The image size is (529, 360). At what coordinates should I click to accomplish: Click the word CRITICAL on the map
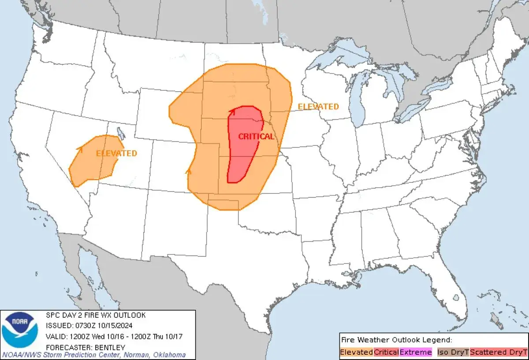(x=256, y=137)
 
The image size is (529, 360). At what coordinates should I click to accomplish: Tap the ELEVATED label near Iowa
(x=318, y=107)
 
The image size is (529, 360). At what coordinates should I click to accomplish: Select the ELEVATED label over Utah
(x=116, y=153)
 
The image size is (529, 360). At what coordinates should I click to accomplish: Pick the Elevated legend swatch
(x=356, y=352)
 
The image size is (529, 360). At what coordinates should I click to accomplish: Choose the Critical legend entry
(x=386, y=352)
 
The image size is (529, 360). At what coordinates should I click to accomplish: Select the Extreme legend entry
(x=416, y=352)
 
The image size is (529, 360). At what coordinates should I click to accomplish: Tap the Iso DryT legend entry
(x=453, y=352)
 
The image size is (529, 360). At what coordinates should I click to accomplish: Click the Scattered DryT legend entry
(x=499, y=352)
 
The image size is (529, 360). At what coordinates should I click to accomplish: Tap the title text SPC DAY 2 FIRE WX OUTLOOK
(x=96, y=315)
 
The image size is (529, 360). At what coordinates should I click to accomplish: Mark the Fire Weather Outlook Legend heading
(x=396, y=340)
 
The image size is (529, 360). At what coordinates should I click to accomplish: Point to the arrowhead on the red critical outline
(x=232, y=112)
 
